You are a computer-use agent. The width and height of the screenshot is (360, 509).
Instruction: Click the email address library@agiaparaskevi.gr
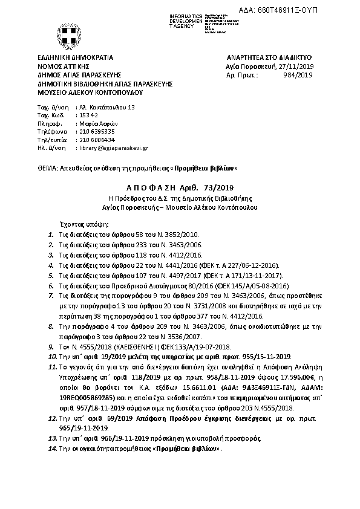tap(114, 148)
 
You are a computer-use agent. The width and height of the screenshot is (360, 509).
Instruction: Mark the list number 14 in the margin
tap(51, 450)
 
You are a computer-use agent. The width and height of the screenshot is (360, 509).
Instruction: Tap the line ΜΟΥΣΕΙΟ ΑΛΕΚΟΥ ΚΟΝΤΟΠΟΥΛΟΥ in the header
tap(89, 94)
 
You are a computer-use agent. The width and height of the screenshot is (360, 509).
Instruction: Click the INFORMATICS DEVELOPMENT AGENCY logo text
tap(186, 19)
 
